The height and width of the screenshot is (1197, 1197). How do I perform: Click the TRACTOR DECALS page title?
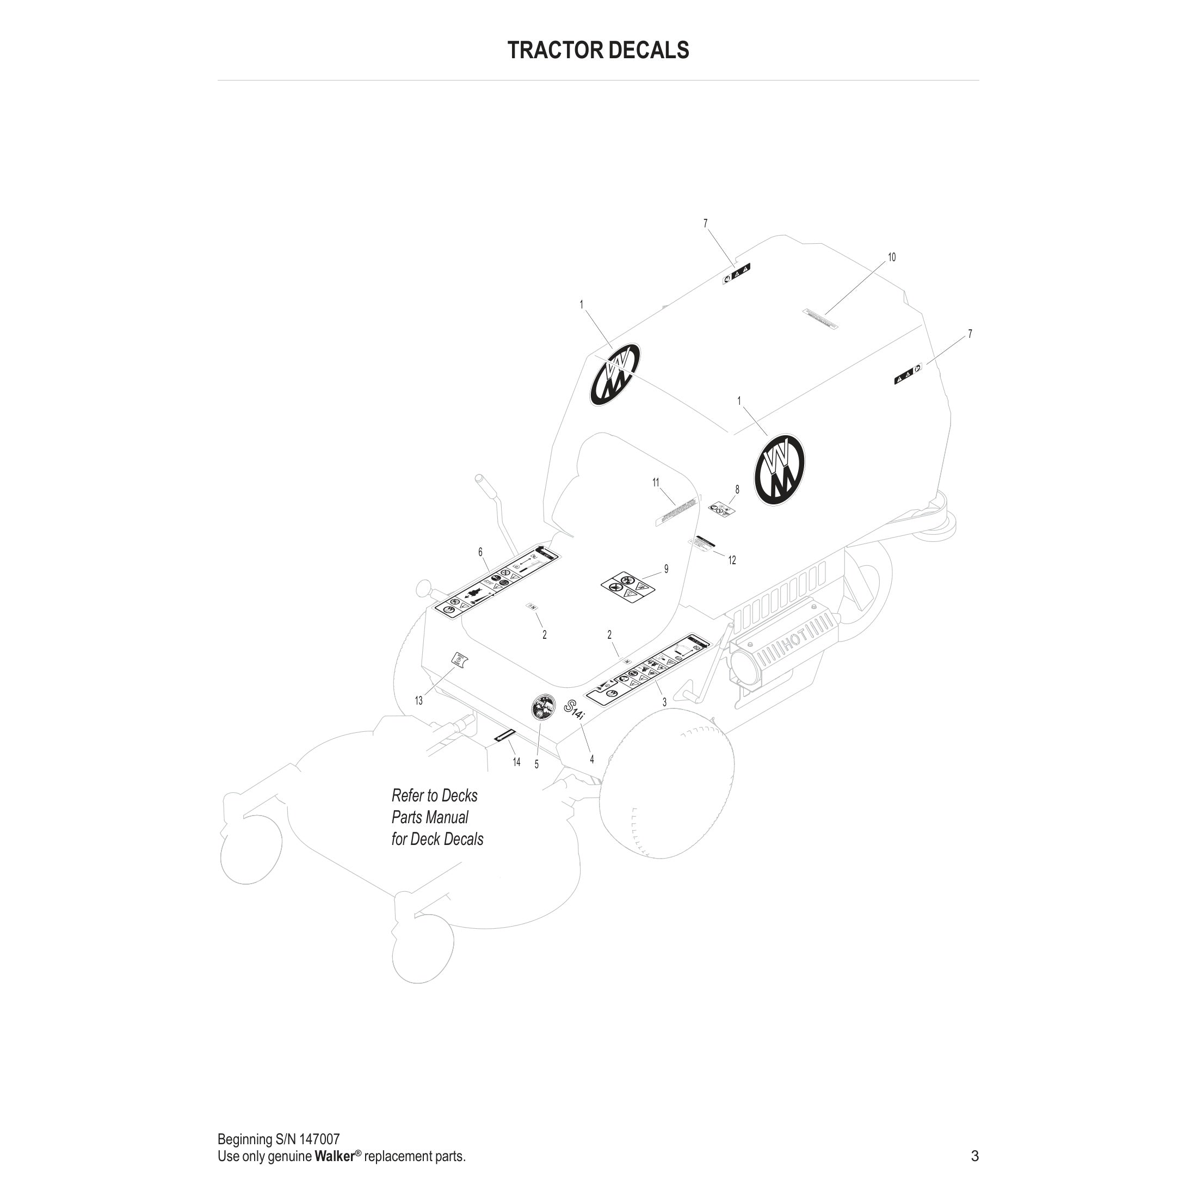point(598,50)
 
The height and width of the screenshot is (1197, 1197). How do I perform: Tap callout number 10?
point(892,257)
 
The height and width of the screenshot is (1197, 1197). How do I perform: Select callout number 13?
point(419,701)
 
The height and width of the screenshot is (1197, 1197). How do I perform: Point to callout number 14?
point(517,762)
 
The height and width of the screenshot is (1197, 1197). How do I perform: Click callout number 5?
point(536,764)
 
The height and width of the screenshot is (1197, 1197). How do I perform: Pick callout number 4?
point(591,759)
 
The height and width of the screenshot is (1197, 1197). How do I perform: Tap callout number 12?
point(732,560)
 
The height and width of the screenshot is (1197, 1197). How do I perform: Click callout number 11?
point(656,483)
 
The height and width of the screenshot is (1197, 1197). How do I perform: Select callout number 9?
point(666,569)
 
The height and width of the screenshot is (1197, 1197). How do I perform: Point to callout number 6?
point(480,552)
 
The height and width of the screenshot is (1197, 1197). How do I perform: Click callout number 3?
point(665,702)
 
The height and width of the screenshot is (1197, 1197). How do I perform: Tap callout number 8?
point(737,490)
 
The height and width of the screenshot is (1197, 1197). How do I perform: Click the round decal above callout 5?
point(543,707)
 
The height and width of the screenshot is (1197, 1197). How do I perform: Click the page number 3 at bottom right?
point(974,1156)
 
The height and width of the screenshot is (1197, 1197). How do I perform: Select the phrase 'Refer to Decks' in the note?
point(434,795)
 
